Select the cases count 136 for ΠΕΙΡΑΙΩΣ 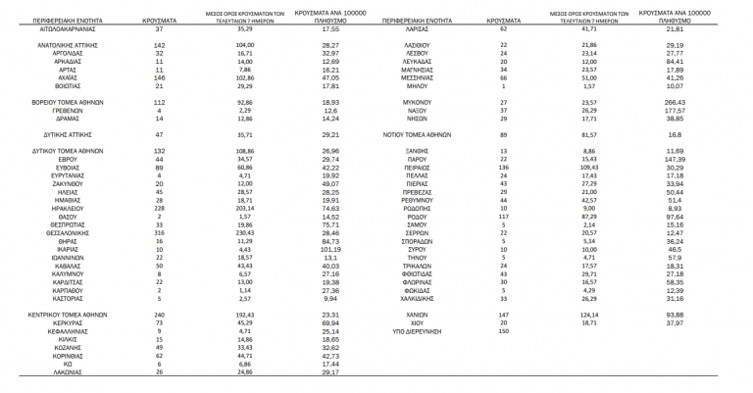[504, 166]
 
